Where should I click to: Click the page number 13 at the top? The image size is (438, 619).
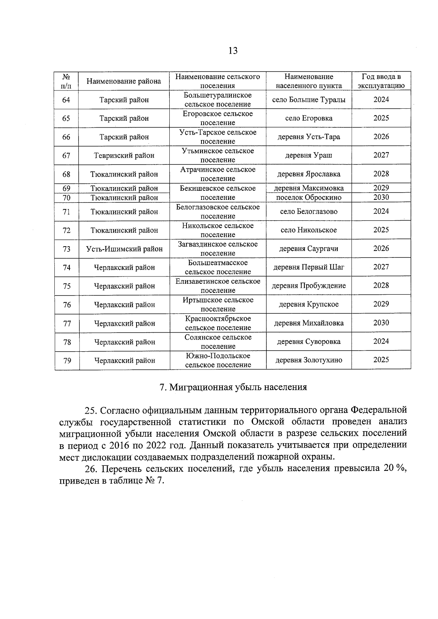[x=233, y=50]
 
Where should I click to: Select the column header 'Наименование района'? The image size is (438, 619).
[x=124, y=81]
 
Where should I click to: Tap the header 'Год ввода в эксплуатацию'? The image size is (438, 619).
[x=381, y=81]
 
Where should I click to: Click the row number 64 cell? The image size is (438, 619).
[x=66, y=100]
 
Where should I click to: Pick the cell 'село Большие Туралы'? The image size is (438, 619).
[x=309, y=100]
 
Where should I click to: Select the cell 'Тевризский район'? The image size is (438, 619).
[x=124, y=155]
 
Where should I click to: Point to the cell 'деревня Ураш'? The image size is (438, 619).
[x=309, y=155]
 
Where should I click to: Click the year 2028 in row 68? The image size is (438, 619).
[x=381, y=174]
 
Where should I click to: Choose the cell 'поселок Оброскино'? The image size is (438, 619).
[x=309, y=197]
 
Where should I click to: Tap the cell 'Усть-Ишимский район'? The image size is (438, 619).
[x=124, y=249]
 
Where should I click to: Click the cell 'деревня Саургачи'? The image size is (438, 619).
[x=309, y=249]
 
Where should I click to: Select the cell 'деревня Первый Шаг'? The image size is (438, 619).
[x=309, y=267]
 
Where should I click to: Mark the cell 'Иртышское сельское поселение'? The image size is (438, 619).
[x=218, y=304]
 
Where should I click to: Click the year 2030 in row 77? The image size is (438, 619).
[x=381, y=323]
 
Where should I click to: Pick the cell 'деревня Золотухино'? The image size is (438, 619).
[x=309, y=360]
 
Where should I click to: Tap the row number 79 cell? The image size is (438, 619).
[x=67, y=360]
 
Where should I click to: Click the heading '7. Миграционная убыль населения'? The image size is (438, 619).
[x=233, y=387]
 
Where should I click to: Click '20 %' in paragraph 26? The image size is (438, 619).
[x=394, y=468]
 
